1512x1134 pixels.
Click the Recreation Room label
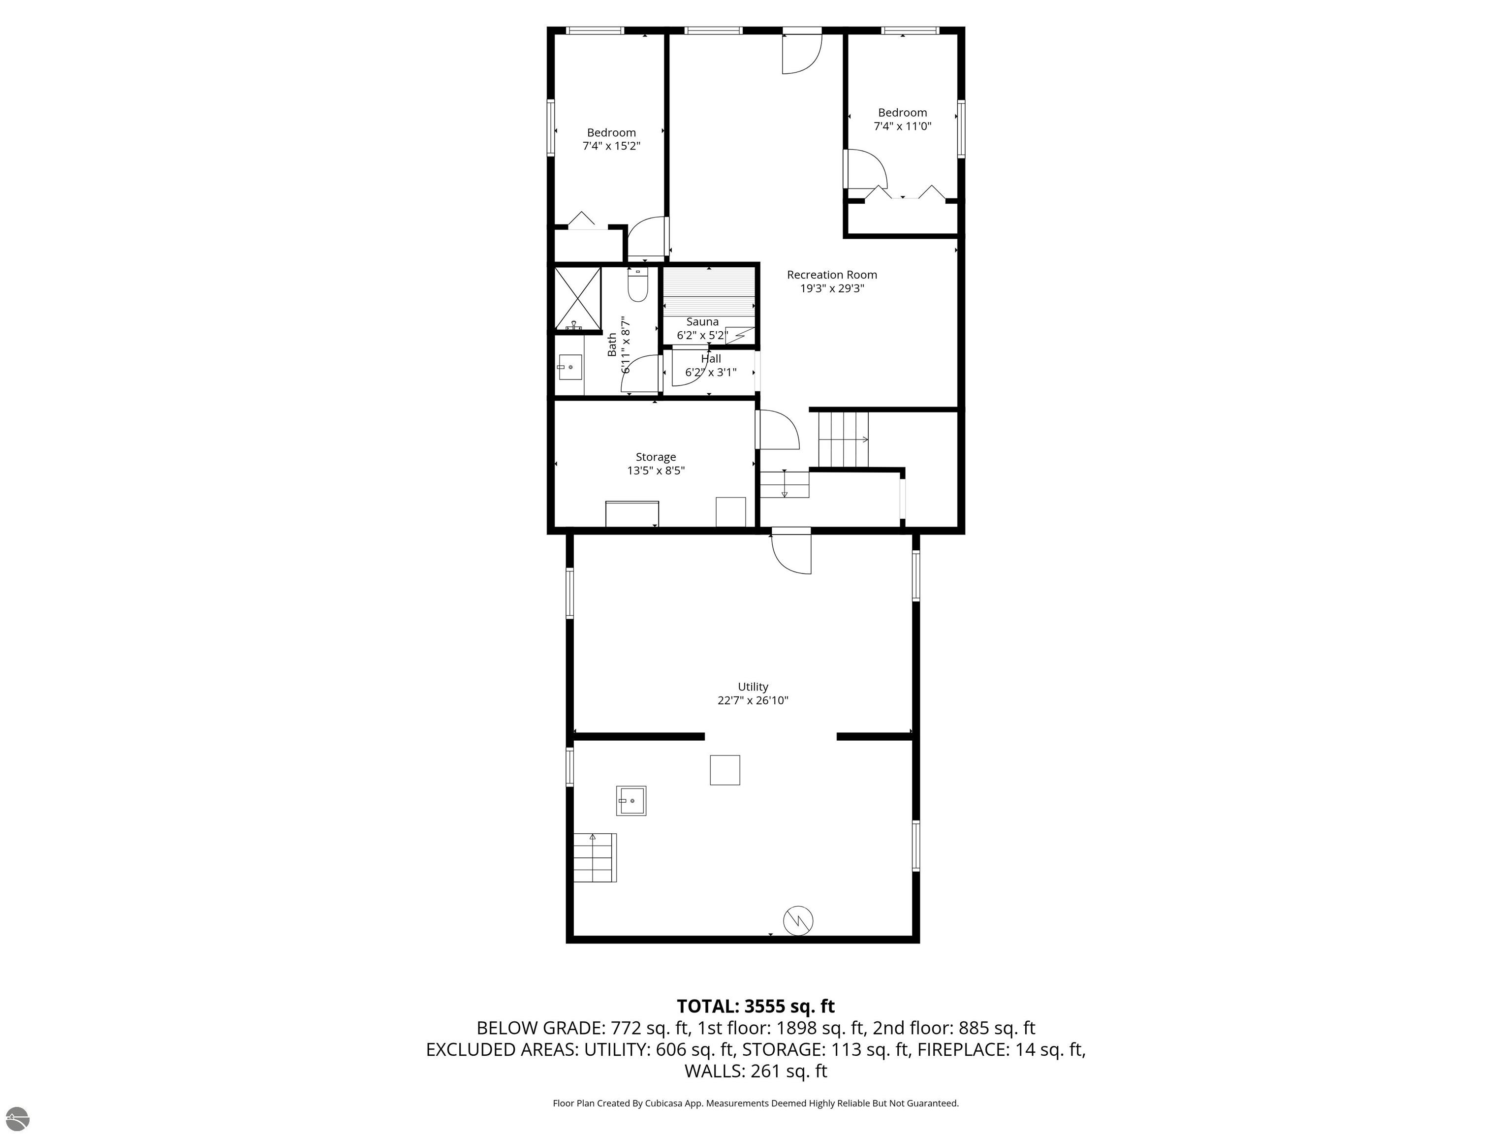point(831,275)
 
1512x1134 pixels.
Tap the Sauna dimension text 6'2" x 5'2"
point(701,336)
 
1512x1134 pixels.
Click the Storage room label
point(656,457)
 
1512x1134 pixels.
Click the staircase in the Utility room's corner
point(594,857)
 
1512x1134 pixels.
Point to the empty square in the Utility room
point(724,770)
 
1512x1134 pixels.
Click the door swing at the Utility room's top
point(791,552)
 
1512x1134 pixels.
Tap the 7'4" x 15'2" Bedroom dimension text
point(611,146)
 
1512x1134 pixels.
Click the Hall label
point(711,359)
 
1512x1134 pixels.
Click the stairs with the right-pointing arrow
point(844,439)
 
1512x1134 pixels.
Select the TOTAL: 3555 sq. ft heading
point(756,1006)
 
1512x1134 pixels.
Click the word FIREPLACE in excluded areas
point(962,1049)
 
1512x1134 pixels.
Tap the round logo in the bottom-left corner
point(17,1118)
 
